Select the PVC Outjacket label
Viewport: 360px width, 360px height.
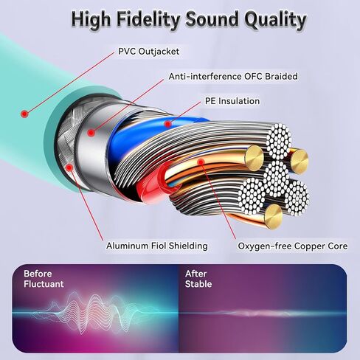(149, 52)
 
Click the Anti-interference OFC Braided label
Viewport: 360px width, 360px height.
(233, 76)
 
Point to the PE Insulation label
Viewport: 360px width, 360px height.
(232, 101)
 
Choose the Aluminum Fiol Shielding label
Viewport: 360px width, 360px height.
(157, 246)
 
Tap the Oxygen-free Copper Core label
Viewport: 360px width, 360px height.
(293, 246)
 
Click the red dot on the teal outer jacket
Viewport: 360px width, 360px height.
(24, 114)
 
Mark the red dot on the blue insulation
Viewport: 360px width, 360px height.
(167, 124)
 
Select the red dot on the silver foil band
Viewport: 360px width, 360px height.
(91, 133)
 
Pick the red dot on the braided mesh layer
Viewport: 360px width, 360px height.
(69, 167)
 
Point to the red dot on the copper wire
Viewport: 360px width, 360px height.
(201, 162)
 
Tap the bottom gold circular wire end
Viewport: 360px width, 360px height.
(273, 216)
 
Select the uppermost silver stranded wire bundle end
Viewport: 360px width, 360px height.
(280, 141)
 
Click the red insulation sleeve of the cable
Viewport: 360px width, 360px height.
(153, 184)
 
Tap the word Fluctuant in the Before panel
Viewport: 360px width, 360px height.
(44, 284)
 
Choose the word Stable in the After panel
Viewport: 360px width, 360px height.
(198, 284)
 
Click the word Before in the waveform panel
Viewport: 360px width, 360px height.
(38, 274)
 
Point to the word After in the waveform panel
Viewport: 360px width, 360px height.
(195, 274)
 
